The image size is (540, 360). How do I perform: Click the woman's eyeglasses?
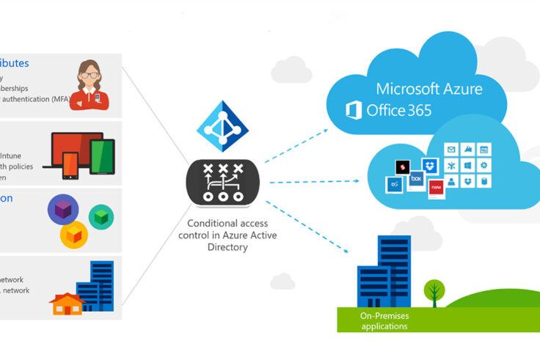pyautogui.click(x=89, y=75)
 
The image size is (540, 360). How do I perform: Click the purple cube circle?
pyautogui.click(x=62, y=210)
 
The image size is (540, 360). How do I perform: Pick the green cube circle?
pyautogui.click(x=101, y=216)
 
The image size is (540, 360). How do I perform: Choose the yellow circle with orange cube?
pyautogui.click(x=74, y=235)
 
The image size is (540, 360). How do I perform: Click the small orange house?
pyautogui.click(x=65, y=303)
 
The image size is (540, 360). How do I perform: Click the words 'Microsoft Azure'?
pyautogui.click(x=429, y=89)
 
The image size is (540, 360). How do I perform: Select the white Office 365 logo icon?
pyautogui.click(x=354, y=111)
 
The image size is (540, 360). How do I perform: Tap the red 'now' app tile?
pyautogui.click(x=437, y=187)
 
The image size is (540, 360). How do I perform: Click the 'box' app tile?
pyautogui.click(x=415, y=179)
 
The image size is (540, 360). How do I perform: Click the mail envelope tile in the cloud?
pyautogui.click(x=451, y=150)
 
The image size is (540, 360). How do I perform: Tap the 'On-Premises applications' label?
pyautogui.click(x=384, y=320)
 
